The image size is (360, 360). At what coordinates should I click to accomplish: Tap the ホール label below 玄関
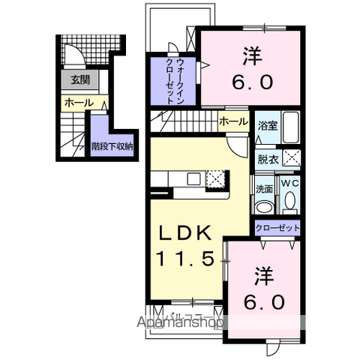tap(77, 102)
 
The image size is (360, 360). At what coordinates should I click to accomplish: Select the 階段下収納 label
tap(112, 146)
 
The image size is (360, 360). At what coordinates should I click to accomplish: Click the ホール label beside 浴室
tap(234, 121)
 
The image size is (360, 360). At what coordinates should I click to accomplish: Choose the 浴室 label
tap(268, 126)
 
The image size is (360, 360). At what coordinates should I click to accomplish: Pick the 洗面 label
tap(265, 188)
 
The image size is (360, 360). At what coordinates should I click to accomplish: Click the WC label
tap(289, 182)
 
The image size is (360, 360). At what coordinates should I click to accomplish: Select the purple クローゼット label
tap(277, 227)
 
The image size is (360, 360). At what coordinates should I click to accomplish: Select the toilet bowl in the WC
tap(289, 202)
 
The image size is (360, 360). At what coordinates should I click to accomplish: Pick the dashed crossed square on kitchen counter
tap(216, 178)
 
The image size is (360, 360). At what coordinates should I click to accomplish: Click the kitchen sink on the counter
tap(193, 178)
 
